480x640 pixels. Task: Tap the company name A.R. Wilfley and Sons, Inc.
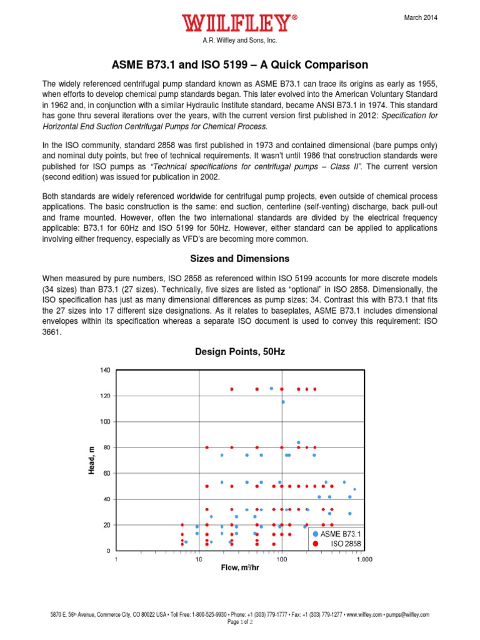239,41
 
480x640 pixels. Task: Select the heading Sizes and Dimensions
239,258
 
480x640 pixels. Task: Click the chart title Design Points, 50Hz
239,352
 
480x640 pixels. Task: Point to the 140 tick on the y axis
105,370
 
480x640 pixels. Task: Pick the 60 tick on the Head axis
107,473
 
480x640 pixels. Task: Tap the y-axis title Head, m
91,461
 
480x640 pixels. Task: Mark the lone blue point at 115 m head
282,402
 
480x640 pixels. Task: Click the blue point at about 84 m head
299,442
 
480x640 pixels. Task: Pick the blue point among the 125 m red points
271,388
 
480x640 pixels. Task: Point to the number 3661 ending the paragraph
52,333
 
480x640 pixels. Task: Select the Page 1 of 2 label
239,622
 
